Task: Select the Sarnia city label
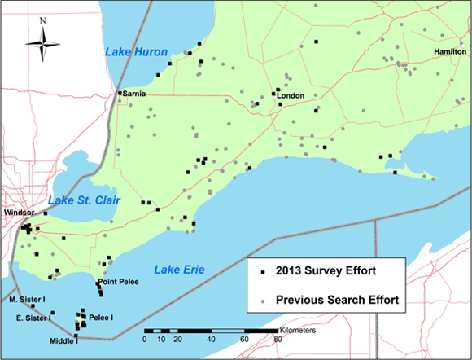coord(135,94)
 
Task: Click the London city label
coord(291,96)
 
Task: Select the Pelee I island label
coord(101,317)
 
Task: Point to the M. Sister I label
coord(26,300)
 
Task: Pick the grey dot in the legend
coord(263,301)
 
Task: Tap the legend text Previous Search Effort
coord(337,301)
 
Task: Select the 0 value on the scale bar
coord(145,339)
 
